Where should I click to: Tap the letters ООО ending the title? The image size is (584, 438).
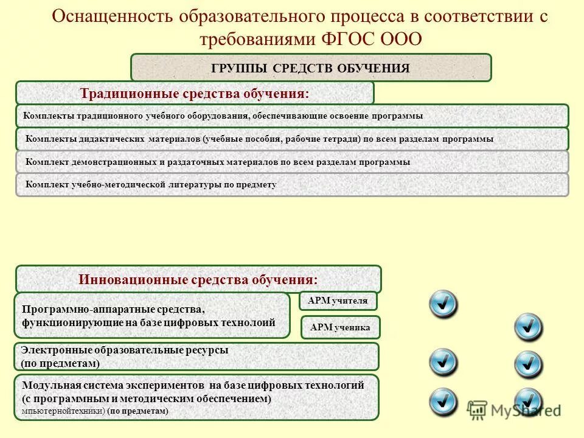[401, 39]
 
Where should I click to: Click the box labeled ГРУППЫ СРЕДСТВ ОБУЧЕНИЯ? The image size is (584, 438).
[310, 68]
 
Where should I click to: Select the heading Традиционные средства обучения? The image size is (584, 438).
[195, 94]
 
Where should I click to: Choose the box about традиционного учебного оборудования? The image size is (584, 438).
[292, 116]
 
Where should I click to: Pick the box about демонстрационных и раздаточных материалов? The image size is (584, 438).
[292, 162]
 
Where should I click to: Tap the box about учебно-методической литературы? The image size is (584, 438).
[292, 184]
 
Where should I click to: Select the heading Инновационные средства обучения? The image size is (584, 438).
[198, 280]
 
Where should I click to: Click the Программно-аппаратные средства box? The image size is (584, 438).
[152, 315]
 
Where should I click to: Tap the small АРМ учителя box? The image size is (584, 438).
[338, 301]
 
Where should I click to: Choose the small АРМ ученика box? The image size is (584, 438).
[340, 327]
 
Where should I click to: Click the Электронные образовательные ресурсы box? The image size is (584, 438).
[196, 356]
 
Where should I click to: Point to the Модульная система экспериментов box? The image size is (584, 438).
[196, 397]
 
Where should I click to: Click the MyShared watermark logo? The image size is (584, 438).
[513, 410]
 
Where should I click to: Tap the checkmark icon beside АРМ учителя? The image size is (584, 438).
[443, 303]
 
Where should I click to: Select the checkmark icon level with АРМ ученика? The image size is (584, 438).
[528, 327]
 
